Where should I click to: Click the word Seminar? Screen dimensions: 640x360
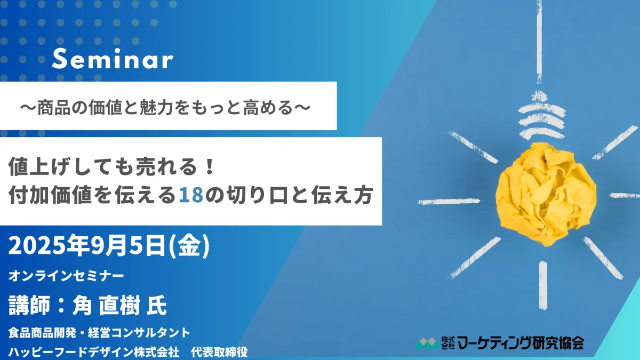pos(113,59)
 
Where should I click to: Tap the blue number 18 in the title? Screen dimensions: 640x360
pos(191,195)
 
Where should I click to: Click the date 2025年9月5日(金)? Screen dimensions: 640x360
pos(109,246)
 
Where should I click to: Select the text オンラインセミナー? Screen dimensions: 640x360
pos(66,276)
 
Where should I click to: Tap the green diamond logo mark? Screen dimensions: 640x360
pos(428,343)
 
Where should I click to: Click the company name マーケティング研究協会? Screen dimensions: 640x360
pos(521,343)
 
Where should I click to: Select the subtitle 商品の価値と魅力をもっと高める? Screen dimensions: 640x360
pos(165,108)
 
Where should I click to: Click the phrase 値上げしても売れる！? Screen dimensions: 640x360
pos(111,166)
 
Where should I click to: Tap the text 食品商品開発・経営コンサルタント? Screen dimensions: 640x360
pos(99,333)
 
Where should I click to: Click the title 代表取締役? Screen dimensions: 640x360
pos(219,352)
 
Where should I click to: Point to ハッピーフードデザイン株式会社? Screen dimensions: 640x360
pos(94,352)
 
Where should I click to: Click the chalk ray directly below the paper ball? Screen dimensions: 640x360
pos(543,285)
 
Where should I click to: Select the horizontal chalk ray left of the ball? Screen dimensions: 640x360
pos(449,202)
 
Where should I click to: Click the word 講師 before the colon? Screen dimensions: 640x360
pos(29,306)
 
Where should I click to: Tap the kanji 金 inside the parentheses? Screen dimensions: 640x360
pos(189,246)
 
